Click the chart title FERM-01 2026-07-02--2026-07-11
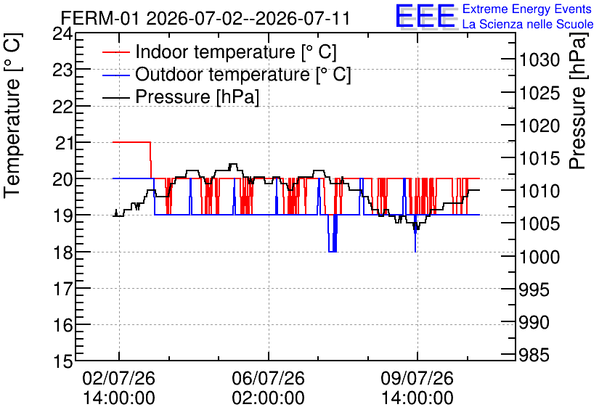(205, 18)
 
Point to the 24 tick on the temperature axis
(62, 33)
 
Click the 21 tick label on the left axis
(64, 143)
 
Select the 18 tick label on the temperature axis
(62, 252)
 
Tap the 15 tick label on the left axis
(62, 362)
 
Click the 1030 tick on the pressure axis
(539, 60)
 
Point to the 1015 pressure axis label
(539, 158)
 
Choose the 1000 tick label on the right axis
(539, 257)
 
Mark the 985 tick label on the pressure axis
(534, 355)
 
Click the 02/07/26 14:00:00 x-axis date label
(119, 388)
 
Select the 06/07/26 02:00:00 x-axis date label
(268, 388)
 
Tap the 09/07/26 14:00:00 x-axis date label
(417, 388)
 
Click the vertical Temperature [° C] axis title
(12, 115)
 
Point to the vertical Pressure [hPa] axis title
(578, 100)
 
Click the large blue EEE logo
(425, 16)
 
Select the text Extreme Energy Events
(527, 9)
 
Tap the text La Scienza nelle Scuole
(528, 24)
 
